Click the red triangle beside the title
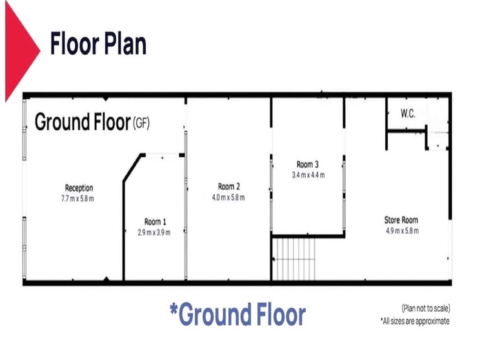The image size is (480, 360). (x=19, y=50)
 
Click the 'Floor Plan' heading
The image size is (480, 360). (x=98, y=44)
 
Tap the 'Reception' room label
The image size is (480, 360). (x=79, y=188)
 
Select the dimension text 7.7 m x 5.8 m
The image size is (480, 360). (x=77, y=199)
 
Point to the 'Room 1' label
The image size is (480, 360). (x=155, y=222)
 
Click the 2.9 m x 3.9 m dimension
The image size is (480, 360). (x=154, y=233)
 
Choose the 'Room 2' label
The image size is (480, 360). (x=229, y=186)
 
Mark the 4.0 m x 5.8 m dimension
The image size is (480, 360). (x=228, y=197)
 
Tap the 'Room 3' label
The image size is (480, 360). (x=308, y=165)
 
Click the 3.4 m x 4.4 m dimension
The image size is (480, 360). (x=308, y=175)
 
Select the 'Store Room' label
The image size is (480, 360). (x=401, y=220)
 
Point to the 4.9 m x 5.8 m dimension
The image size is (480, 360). (x=402, y=231)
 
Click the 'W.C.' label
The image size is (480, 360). (x=408, y=114)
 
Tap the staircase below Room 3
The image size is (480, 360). (x=294, y=259)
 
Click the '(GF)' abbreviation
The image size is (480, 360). (x=141, y=123)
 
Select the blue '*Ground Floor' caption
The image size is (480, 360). (x=238, y=314)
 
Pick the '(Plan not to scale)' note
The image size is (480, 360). (x=426, y=308)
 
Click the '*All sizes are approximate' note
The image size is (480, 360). (x=415, y=321)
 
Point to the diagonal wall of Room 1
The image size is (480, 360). (x=132, y=168)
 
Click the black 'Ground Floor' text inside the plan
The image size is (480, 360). (x=83, y=122)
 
